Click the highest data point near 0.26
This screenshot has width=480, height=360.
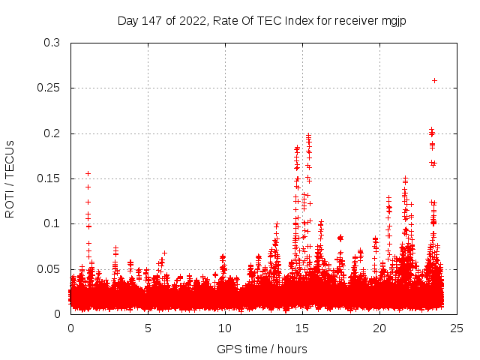(x=434, y=80)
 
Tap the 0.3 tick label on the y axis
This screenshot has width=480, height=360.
(x=52, y=43)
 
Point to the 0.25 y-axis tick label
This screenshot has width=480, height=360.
(x=49, y=88)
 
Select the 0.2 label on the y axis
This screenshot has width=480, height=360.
(x=52, y=133)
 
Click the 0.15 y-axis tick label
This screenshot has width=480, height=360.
(x=49, y=178)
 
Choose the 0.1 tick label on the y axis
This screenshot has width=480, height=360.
(x=52, y=223)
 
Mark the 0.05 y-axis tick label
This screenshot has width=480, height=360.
(x=49, y=268)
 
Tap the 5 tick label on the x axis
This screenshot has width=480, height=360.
(x=148, y=328)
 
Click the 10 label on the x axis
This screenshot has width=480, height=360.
(x=225, y=328)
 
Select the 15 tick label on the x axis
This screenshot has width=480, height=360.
(x=302, y=328)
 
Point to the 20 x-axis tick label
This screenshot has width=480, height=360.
(x=379, y=328)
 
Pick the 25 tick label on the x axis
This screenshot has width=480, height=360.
(x=457, y=328)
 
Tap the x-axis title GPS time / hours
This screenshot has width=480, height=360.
(x=262, y=349)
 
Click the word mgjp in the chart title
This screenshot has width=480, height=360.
(x=403, y=19)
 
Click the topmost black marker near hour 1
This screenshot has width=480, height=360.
(x=88, y=173)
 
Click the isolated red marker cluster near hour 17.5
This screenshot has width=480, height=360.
(x=340, y=238)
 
